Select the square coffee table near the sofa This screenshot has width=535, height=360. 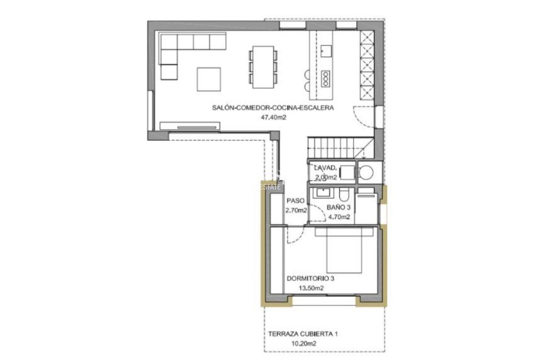pos(209,79)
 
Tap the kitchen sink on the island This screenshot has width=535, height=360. pos(325,51)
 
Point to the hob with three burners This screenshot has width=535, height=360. pos(325,78)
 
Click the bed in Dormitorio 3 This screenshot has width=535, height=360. pos(344,250)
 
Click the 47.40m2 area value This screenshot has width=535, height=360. pos(272,117)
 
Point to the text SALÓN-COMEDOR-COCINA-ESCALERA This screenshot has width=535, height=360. pos(272,108)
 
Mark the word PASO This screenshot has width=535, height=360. pos(295,201)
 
